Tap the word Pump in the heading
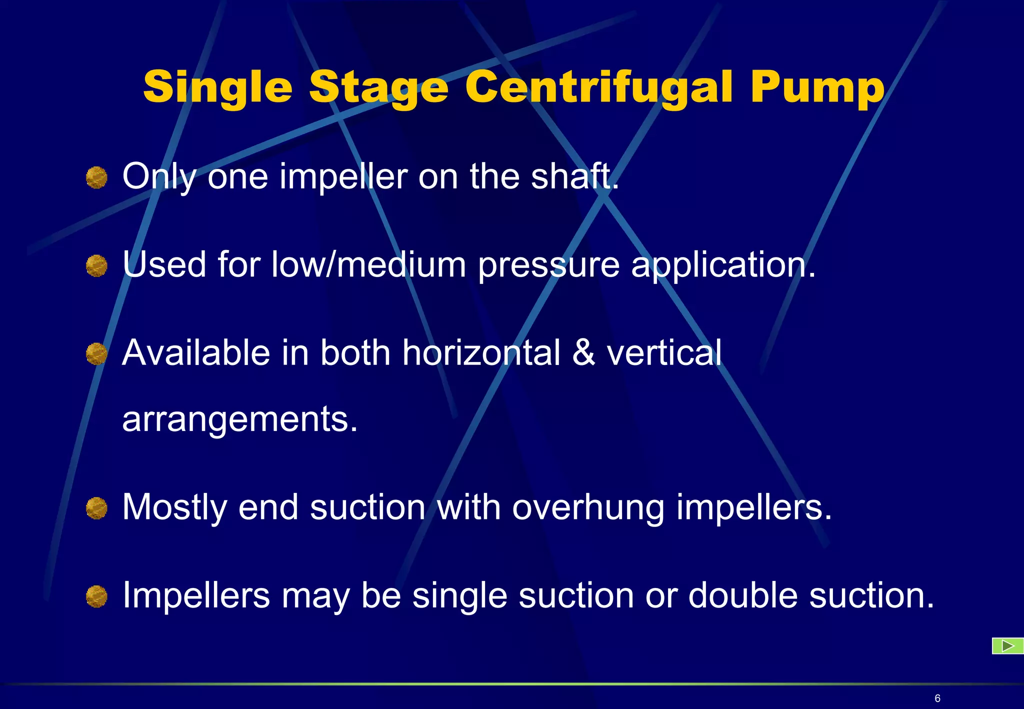click(817, 88)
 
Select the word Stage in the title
click(379, 88)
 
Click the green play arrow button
click(1007, 646)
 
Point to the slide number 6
click(937, 698)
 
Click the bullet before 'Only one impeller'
click(96, 177)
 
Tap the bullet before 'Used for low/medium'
click(96, 265)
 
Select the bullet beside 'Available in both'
click(96, 354)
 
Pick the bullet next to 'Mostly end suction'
click(96, 508)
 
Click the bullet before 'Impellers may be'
click(96, 596)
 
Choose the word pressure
click(548, 266)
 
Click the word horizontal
click(481, 352)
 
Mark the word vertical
click(664, 352)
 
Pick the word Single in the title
click(217, 88)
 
